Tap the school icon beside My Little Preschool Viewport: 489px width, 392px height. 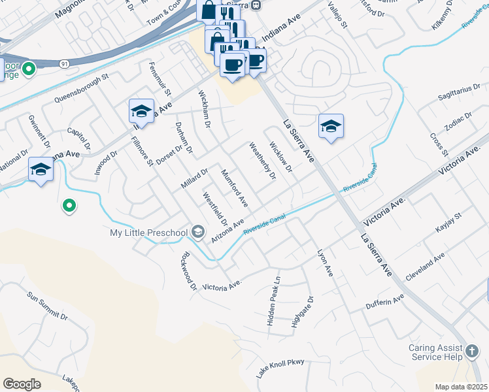point(197,233)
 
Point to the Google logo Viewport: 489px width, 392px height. point(22,384)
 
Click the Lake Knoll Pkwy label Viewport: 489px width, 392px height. point(280,368)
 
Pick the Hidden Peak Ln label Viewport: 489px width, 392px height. point(274,293)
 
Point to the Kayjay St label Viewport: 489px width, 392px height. point(448,222)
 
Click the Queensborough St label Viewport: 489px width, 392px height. point(82,90)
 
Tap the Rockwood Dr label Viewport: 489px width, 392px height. point(189,270)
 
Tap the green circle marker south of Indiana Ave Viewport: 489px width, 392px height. point(69,207)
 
